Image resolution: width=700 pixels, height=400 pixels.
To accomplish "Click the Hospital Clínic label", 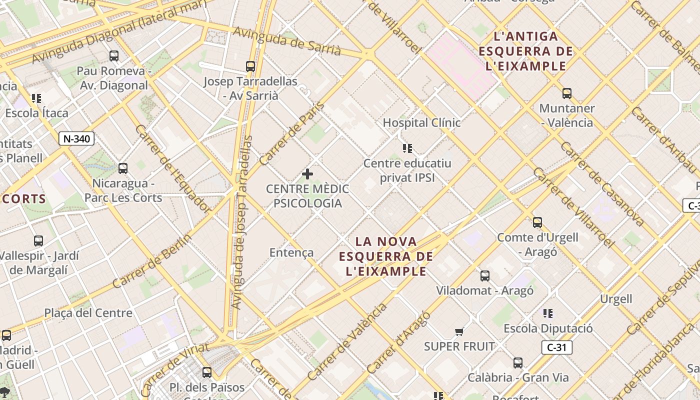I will (x=421, y=122).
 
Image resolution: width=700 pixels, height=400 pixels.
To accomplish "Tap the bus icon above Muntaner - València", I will (x=566, y=93).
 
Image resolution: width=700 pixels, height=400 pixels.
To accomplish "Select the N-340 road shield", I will (x=76, y=138).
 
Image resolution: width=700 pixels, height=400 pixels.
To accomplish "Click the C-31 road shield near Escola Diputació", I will (x=556, y=347).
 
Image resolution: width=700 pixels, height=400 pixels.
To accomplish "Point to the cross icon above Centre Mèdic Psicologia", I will (x=307, y=174).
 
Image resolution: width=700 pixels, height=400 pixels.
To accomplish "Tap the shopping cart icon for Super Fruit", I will (x=459, y=331).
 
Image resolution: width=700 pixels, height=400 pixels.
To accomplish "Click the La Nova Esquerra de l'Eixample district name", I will (x=385, y=256).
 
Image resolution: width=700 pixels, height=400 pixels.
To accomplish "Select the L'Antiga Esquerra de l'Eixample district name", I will (x=525, y=51).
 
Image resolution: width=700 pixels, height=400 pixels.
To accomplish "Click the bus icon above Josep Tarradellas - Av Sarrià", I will (x=250, y=66).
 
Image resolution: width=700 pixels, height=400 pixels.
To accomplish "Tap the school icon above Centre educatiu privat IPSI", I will (x=407, y=148).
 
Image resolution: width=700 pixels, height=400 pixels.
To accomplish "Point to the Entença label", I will (x=291, y=252).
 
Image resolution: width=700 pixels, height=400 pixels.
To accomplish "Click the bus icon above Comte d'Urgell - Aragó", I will (x=537, y=222).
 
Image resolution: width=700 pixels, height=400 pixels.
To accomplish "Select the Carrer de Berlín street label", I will (x=151, y=261).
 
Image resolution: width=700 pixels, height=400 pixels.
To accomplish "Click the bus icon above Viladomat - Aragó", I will (x=484, y=276).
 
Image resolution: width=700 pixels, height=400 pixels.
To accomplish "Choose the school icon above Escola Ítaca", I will (x=36, y=98).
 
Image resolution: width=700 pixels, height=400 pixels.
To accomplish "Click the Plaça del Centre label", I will (x=88, y=313).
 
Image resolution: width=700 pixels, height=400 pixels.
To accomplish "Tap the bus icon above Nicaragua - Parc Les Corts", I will (x=123, y=168).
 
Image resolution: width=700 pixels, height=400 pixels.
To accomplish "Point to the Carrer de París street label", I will (x=292, y=133).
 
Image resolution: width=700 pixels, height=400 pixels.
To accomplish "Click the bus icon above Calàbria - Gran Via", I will (x=518, y=363).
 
